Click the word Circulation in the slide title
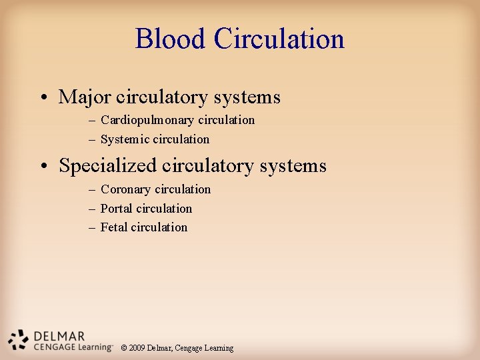279,39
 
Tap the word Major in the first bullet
85,97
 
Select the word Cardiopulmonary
147,120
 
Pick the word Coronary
126,190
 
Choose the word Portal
116,209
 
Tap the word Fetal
114,227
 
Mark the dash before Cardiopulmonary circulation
91,121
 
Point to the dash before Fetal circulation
91,228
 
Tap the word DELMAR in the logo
59,336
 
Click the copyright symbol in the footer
123,348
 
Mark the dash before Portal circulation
91,209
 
